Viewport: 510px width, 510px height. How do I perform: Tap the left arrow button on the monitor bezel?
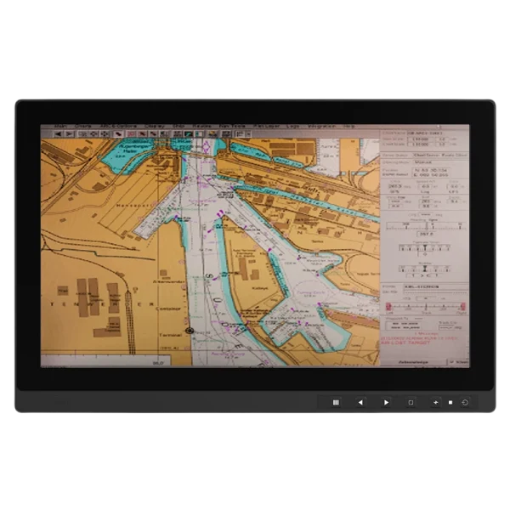[360, 402]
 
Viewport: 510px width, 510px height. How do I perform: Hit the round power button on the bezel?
[466, 402]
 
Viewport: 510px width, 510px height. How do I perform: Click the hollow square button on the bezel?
[411, 402]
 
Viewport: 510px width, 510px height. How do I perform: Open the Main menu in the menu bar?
[60, 127]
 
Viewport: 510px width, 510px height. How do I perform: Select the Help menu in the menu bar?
[348, 127]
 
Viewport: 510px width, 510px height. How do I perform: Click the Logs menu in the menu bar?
[292, 127]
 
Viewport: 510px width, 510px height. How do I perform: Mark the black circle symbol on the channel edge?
[190, 329]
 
